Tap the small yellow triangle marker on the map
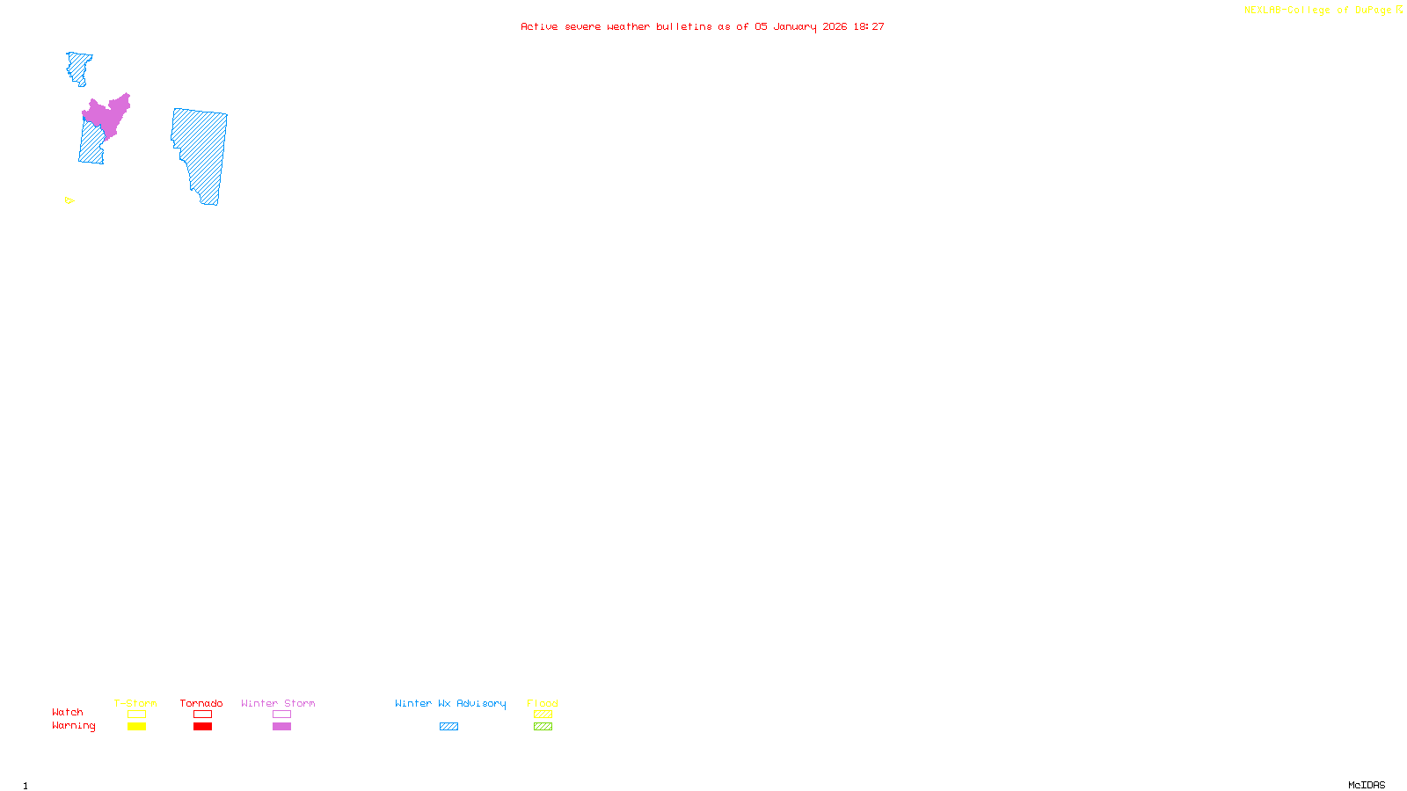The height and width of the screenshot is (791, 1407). [x=69, y=200]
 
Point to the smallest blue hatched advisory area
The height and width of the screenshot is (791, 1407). [x=79, y=66]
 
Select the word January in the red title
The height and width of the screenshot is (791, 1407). [x=794, y=26]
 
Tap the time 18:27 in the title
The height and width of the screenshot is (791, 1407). [x=868, y=26]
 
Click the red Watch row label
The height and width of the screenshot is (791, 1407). [x=68, y=713]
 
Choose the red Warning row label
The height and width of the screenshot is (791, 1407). [x=74, y=726]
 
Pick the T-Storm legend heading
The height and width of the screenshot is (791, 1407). [x=135, y=703]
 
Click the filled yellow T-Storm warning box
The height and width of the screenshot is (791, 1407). [x=136, y=727]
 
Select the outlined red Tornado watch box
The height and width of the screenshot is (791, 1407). [x=202, y=715]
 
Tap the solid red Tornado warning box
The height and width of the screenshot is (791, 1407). [x=202, y=727]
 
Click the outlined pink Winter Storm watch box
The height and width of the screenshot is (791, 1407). [x=281, y=715]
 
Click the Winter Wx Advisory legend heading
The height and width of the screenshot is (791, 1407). [x=450, y=703]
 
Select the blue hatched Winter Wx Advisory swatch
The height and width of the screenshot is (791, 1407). [x=448, y=727]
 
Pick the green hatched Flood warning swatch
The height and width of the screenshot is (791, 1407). [x=543, y=727]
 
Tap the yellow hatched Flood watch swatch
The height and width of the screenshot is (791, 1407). [x=543, y=715]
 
